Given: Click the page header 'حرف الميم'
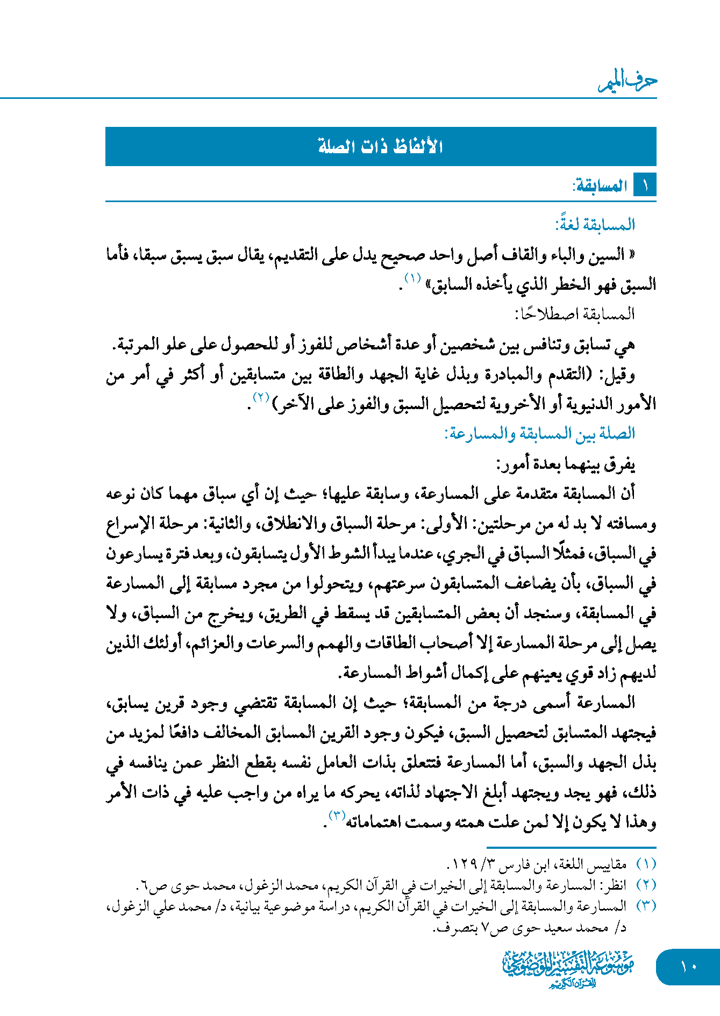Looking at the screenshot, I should [628, 81].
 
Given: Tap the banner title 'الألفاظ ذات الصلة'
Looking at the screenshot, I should [380, 146].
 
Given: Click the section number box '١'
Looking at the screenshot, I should [645, 186].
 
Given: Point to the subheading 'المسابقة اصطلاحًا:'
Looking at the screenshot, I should [575, 314].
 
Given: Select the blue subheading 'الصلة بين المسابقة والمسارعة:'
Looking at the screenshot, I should [539, 433].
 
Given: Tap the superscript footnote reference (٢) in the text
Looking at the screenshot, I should [261, 398].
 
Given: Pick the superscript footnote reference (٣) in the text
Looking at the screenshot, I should [337, 815].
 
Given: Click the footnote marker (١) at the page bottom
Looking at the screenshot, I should [646, 864].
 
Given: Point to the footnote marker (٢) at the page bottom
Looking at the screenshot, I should [646, 885].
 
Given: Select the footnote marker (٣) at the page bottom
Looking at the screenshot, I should [646, 906].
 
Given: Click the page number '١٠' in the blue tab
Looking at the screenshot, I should [688, 967].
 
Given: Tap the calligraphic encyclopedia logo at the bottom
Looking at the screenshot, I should [568, 968].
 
